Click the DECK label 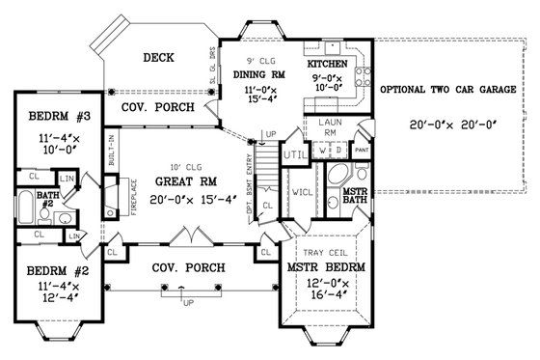(158, 58)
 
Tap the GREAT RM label (177, 180)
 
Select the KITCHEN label (327, 65)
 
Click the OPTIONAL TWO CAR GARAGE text (446, 90)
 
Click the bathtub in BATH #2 (24, 208)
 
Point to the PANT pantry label (362, 152)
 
